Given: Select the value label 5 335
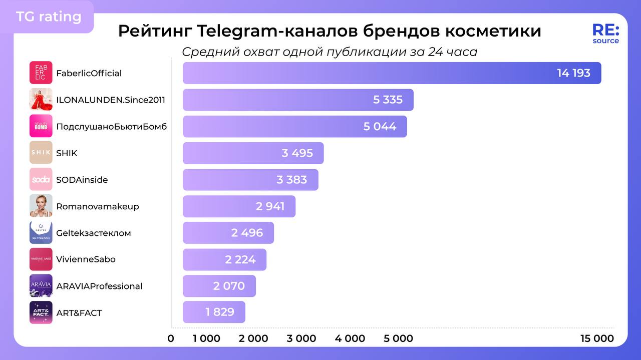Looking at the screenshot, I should pos(388,100).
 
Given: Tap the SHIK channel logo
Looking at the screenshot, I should pos(41,153).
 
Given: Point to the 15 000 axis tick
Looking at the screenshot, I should pos(597,338).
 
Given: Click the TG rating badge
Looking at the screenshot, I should pos(49,17).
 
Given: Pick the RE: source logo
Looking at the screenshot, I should pos(605,34).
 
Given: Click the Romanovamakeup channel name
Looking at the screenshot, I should pos(98,206).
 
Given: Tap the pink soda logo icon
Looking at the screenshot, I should pos(41,179).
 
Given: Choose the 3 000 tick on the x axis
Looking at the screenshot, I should pos(301,338).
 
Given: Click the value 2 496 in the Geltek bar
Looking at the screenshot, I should pos(247,233).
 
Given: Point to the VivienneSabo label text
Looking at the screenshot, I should pos(86,259).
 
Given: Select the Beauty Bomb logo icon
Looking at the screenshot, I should pos(41,126).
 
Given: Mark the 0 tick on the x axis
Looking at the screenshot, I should pos(171,338).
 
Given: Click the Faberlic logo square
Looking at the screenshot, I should pos(41,73).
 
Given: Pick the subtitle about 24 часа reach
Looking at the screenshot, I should pos(330,52).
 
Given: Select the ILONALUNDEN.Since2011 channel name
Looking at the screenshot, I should pos(111,100).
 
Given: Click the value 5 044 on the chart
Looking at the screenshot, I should pos(380,126).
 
